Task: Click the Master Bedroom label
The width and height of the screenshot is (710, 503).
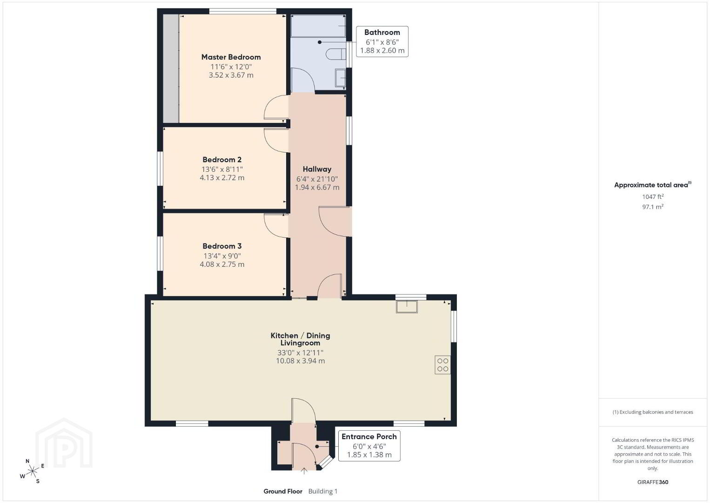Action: click(231, 57)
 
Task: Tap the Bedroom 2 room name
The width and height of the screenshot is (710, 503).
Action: click(222, 160)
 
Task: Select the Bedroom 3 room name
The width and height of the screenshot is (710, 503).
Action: click(222, 246)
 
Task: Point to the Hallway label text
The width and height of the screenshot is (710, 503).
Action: click(317, 169)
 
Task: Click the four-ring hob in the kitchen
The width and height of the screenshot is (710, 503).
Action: click(442, 365)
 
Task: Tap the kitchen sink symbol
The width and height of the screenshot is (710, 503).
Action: click(407, 306)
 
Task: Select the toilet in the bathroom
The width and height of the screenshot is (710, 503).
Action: click(335, 54)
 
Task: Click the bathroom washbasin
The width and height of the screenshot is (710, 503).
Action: click(341, 78)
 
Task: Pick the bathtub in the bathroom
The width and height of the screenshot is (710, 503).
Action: click(318, 26)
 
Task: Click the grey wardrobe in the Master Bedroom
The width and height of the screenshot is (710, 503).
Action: click(171, 68)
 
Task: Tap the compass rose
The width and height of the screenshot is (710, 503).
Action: click(32, 471)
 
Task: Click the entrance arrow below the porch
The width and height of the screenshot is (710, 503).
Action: click(304, 471)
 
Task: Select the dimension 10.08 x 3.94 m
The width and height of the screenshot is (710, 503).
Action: click(300, 361)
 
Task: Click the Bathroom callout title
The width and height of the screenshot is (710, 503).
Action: click(382, 33)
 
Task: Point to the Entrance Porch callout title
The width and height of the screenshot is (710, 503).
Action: click(369, 437)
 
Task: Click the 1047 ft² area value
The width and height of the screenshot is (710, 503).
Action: click(653, 197)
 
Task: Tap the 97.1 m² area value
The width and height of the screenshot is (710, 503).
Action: click(653, 207)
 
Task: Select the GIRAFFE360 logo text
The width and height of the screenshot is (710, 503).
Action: click(653, 482)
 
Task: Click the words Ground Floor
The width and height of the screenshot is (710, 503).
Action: click(283, 491)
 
